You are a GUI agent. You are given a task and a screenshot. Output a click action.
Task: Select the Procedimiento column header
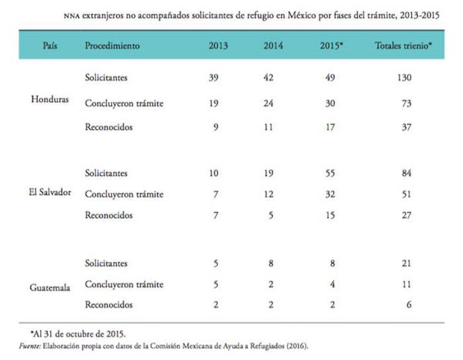[112, 46]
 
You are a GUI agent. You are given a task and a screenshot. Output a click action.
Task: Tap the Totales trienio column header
[403, 46]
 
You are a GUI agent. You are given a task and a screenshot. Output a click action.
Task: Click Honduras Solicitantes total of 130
[403, 78]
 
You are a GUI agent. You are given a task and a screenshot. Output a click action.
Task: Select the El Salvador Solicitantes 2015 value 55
[329, 173]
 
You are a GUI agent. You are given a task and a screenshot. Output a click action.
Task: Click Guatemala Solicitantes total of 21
[403, 263]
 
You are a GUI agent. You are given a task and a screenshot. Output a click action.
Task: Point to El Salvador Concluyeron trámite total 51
[403, 195]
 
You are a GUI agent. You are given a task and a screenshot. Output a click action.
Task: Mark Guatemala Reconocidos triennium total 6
[403, 305]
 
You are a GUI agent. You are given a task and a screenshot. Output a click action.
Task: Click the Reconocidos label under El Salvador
[108, 215]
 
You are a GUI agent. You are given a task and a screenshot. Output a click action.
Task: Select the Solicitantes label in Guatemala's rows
[106, 263]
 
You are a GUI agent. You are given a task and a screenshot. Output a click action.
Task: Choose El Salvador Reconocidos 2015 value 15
[329, 215]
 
